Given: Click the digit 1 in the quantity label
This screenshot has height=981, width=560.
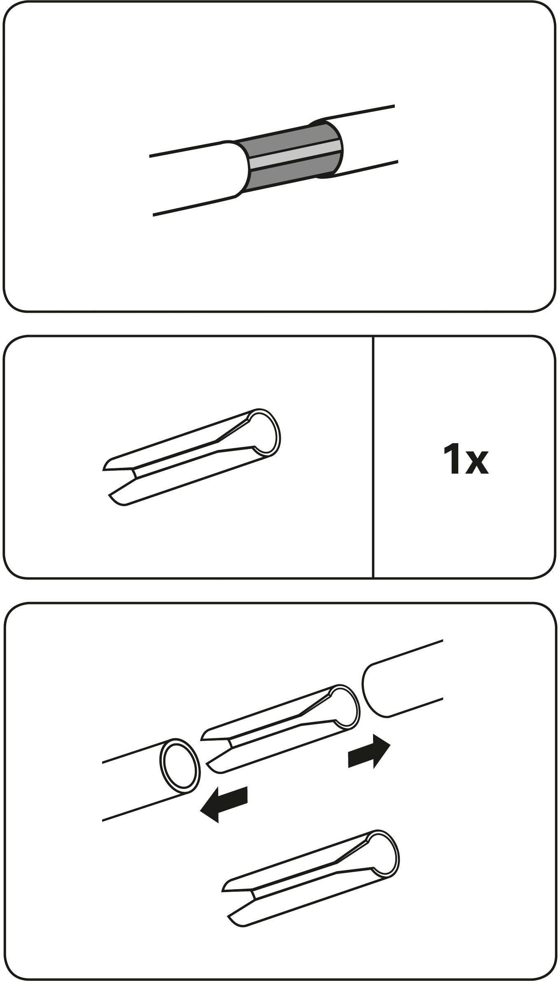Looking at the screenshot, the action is (x=452, y=459).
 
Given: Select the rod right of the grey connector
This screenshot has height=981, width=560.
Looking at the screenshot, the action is (x=362, y=141).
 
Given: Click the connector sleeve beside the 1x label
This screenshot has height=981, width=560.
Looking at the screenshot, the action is (x=191, y=457).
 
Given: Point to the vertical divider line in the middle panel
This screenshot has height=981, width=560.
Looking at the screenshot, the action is (x=373, y=457).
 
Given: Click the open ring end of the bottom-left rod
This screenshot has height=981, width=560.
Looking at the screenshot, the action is (x=179, y=766).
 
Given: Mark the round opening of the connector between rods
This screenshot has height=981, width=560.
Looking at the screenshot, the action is (x=344, y=708).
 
